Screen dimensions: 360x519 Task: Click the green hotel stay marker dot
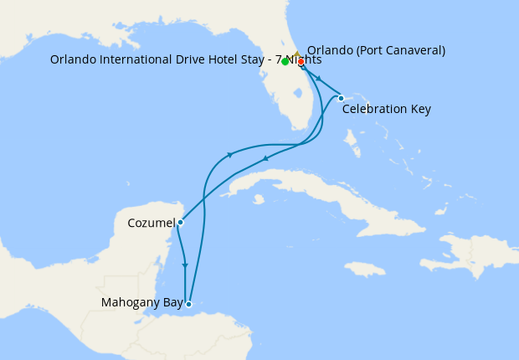click(x=285, y=62)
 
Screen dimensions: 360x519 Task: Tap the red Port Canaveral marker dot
click(x=301, y=62)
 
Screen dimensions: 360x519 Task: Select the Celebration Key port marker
click(x=341, y=99)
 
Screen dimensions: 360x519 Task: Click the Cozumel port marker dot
click(x=180, y=223)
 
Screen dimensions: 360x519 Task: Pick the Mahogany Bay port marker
click(x=190, y=304)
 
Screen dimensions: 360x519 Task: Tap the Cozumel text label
click(x=152, y=224)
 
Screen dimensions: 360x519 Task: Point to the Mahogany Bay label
click(x=141, y=302)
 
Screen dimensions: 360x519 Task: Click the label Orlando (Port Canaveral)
click(x=376, y=50)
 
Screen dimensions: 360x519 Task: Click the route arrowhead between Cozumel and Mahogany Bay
click(x=185, y=266)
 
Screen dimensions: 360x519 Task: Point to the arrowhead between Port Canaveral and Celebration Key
click(x=319, y=78)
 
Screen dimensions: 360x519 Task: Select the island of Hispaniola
click(x=460, y=251)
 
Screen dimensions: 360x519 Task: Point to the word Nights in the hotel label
click(x=305, y=59)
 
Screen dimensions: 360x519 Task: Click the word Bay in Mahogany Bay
click(x=171, y=302)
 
